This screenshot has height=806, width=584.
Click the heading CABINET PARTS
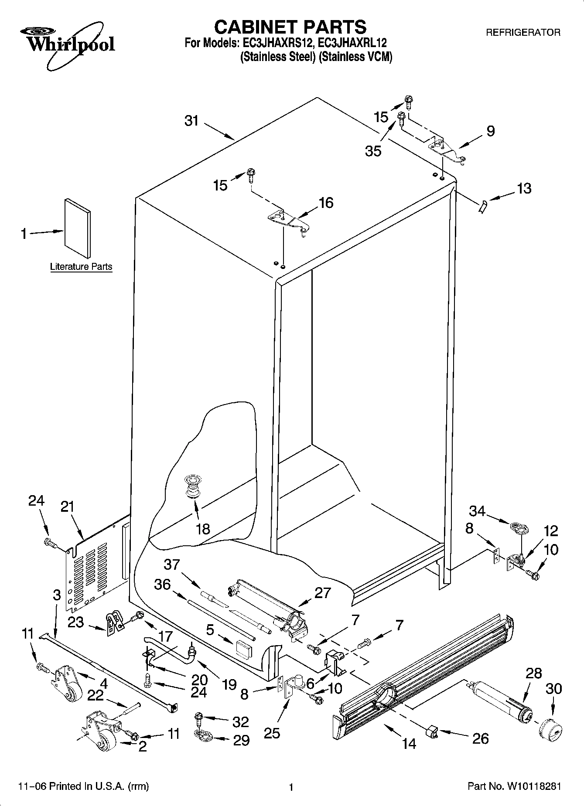click(x=290, y=27)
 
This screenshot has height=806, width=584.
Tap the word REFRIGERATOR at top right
click(x=523, y=32)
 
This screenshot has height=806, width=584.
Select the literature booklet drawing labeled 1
click(x=78, y=228)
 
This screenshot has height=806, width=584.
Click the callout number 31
click(x=191, y=121)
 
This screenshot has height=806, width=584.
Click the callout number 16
click(x=326, y=203)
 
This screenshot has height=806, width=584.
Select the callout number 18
click(x=203, y=529)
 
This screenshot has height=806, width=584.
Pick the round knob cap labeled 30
click(x=550, y=729)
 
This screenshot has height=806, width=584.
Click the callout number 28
click(x=533, y=673)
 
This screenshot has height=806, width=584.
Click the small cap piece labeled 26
click(x=432, y=732)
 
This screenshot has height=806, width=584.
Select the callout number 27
click(x=322, y=593)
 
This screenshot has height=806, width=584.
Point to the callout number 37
click(x=171, y=565)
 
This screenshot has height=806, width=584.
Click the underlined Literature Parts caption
click(x=81, y=267)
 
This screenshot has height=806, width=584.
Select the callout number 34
click(x=477, y=511)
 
